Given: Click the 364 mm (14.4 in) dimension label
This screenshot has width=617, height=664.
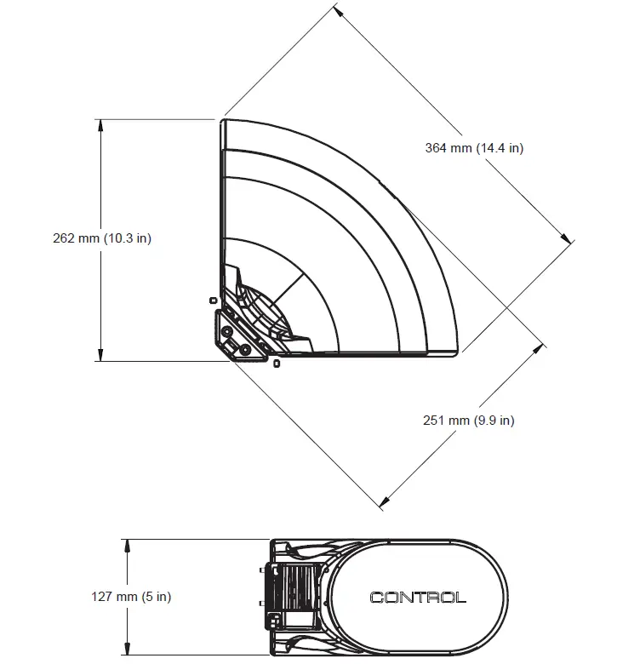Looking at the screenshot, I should click(x=474, y=148).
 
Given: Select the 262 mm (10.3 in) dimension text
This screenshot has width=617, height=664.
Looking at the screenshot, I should click(x=101, y=238).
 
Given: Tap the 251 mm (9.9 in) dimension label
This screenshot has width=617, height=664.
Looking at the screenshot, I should click(x=469, y=420).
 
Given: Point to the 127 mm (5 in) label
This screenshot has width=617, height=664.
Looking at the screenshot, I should click(x=131, y=597).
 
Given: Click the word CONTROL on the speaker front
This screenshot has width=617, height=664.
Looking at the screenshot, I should click(x=418, y=598).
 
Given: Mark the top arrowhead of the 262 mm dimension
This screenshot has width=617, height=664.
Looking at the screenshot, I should click(x=100, y=124).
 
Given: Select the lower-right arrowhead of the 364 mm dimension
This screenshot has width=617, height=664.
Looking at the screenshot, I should click(x=568, y=240).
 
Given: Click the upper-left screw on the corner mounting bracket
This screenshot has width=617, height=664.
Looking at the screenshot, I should click(x=226, y=328).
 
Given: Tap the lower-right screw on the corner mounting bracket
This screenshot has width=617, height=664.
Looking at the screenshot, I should click(x=245, y=349).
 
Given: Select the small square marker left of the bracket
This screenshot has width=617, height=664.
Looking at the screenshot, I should click(x=212, y=300).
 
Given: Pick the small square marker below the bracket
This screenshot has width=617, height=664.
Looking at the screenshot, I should click(x=277, y=364).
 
